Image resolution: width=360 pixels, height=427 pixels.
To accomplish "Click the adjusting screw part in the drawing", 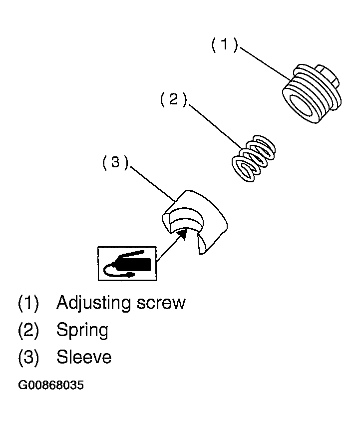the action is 311,94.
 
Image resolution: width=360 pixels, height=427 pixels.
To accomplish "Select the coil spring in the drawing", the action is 254,158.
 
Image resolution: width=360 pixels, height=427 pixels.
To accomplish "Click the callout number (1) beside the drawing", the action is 225,44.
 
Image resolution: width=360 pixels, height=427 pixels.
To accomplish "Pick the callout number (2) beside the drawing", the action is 173,99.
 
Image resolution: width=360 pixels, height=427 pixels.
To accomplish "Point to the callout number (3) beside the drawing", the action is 115,163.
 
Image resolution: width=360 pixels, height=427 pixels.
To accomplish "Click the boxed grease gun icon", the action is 127,264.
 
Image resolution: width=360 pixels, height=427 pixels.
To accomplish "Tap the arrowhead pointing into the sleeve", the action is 182,234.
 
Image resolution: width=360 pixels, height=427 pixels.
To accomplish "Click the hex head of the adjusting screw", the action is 328,76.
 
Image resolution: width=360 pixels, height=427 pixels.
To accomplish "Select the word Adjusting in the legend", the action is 94,303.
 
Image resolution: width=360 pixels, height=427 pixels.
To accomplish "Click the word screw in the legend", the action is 161,303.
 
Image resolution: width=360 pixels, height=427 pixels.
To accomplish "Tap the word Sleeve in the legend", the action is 84,357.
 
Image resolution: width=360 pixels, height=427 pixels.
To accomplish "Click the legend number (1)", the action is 28,303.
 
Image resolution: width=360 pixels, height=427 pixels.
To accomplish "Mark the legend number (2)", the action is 28,330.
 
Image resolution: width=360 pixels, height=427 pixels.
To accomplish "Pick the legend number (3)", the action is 28,357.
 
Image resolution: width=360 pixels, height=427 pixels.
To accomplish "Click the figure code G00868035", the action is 51,386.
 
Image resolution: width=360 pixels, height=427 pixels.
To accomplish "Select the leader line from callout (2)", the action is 215,127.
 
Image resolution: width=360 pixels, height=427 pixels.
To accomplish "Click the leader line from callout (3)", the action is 152,184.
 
